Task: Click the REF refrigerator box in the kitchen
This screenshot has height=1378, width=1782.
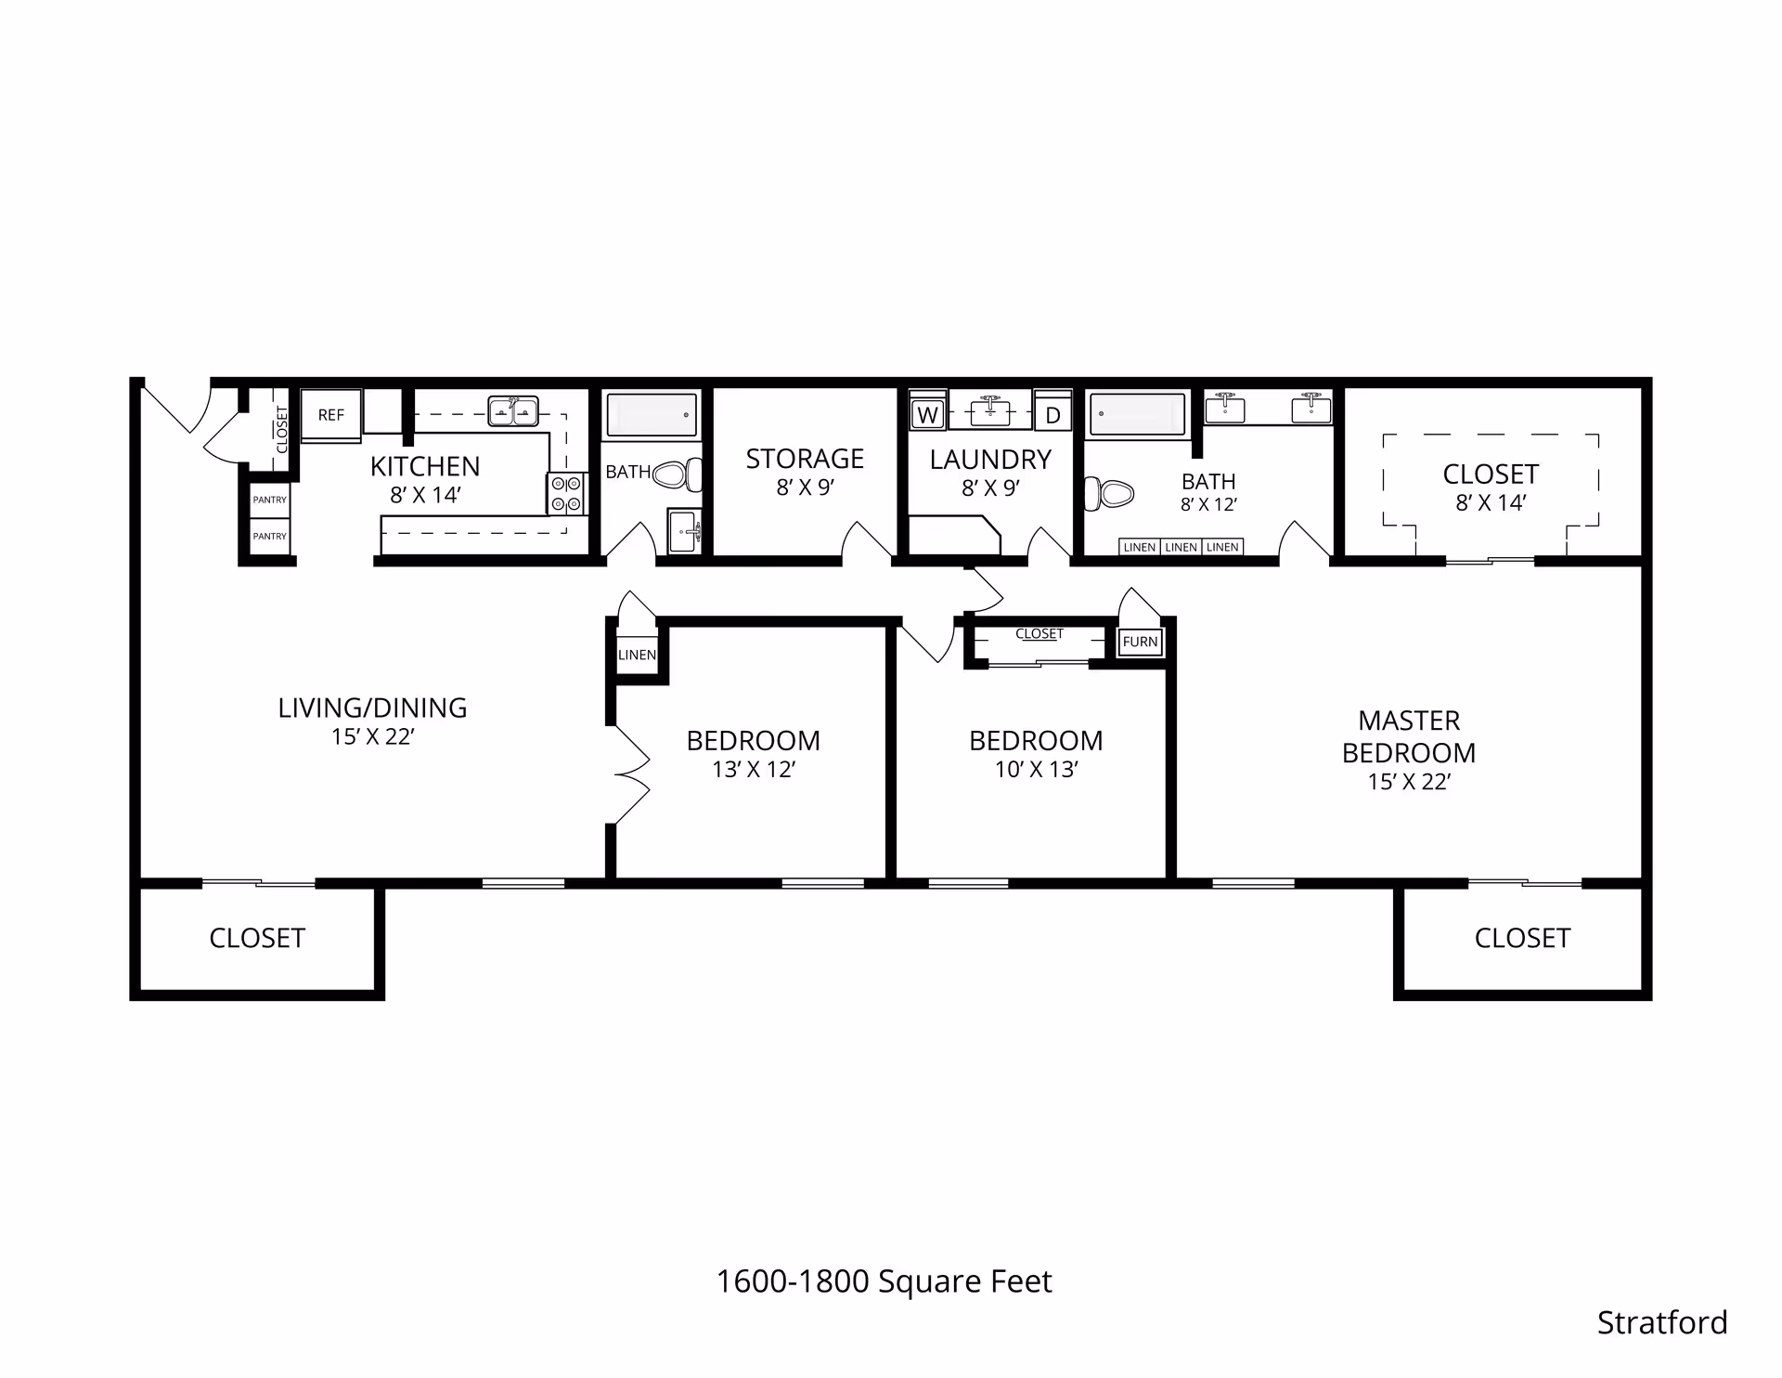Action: (330, 415)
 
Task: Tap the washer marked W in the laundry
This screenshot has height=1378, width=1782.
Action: (927, 415)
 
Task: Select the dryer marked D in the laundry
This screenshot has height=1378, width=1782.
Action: (1052, 415)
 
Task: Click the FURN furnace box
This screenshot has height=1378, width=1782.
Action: (1140, 642)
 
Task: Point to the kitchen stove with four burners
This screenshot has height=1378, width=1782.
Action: (566, 493)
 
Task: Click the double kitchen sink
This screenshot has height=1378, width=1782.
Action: (513, 410)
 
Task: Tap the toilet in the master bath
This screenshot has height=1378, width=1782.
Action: (1110, 492)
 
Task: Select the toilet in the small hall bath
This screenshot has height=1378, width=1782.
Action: (678, 475)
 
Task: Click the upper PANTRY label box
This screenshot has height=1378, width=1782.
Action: (270, 500)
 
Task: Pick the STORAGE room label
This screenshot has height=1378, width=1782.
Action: (805, 459)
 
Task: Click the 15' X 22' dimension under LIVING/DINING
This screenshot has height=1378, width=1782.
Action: (372, 736)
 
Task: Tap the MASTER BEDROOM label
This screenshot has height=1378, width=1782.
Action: (1408, 736)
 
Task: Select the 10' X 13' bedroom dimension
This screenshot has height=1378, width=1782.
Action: (1036, 769)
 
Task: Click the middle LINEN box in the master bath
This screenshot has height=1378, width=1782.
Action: (1181, 547)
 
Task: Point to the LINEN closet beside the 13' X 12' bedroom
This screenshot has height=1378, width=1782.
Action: (637, 655)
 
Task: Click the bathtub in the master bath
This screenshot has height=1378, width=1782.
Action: (1137, 414)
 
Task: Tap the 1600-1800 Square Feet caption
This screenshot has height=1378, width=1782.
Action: (884, 1281)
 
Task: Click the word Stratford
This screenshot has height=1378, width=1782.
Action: (1661, 1322)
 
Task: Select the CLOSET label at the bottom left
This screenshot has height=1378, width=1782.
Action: (257, 938)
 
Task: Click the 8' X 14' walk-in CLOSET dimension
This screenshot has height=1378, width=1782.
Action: (1490, 502)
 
